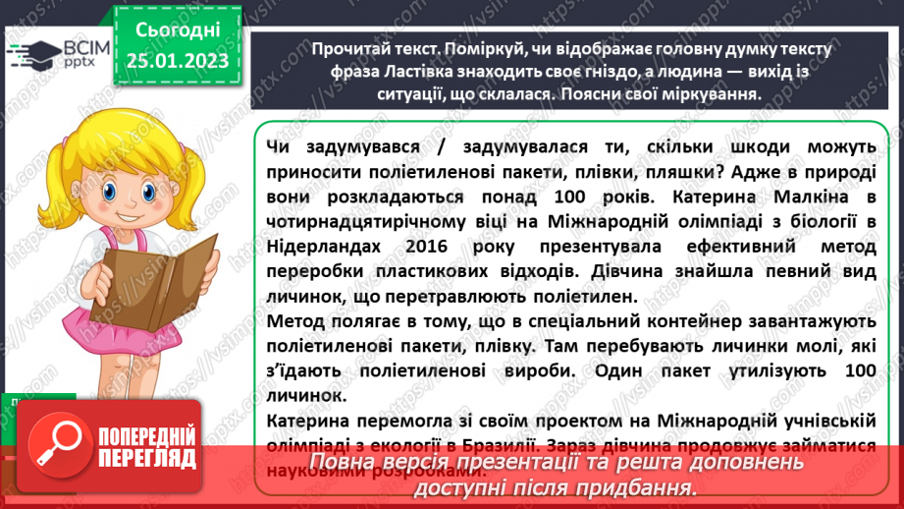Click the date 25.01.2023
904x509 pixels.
(x=177, y=61)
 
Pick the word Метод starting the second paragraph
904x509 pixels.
(x=293, y=321)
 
